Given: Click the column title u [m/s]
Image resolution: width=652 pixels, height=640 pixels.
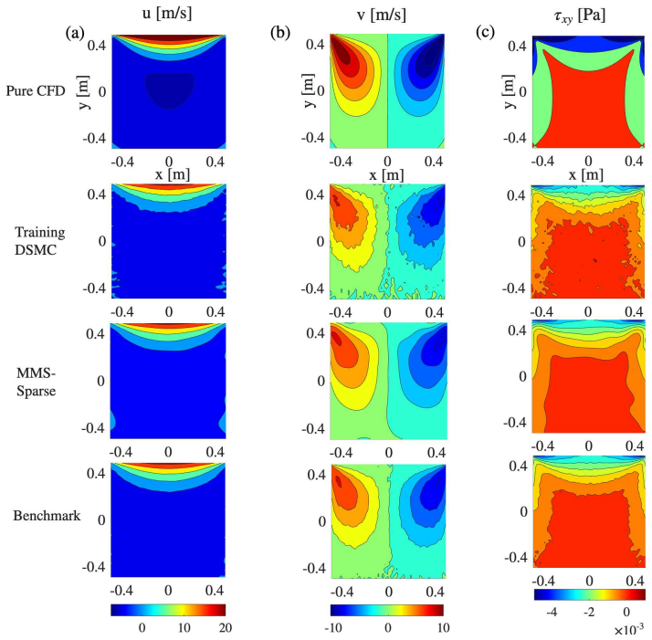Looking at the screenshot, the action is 167,14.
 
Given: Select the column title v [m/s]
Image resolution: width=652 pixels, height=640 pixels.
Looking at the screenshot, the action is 382,15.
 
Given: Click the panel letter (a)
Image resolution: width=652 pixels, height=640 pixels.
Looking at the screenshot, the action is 75,33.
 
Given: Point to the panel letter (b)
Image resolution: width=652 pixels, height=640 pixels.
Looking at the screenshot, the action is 280,33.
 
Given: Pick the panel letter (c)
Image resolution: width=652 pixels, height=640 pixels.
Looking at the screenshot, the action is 485,33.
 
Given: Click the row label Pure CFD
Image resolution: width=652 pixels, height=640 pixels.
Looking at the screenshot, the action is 36,90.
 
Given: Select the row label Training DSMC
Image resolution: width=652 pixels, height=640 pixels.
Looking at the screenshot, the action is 40,241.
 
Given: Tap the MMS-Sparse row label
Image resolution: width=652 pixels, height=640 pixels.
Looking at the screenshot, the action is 37,382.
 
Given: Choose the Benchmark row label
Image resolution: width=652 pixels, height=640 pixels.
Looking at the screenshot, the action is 47,516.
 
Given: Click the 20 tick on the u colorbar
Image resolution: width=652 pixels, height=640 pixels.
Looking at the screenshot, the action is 225,627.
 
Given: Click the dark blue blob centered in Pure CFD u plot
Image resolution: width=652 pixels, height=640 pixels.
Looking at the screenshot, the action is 169,90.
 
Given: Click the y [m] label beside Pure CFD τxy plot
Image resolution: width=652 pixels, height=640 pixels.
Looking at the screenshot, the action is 509,91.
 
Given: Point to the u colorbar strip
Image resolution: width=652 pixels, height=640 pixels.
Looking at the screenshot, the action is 168,610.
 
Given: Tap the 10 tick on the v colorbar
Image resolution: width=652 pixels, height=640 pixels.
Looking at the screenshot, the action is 442,627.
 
